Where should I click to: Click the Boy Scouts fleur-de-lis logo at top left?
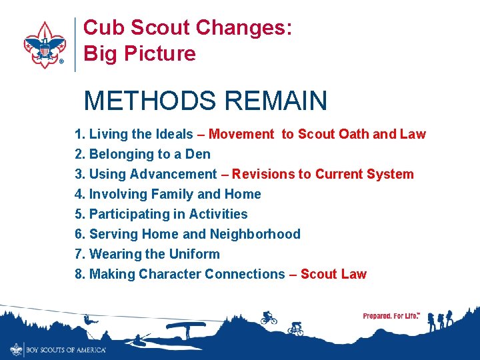tap(44, 45)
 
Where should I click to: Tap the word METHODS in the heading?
tap(151, 101)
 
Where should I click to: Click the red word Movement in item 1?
tap(241, 134)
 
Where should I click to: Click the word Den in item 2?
tap(198, 154)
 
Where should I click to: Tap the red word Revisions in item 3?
tap(263, 174)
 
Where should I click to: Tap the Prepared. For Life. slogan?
tap(391, 315)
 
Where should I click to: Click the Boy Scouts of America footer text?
tap(65, 349)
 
